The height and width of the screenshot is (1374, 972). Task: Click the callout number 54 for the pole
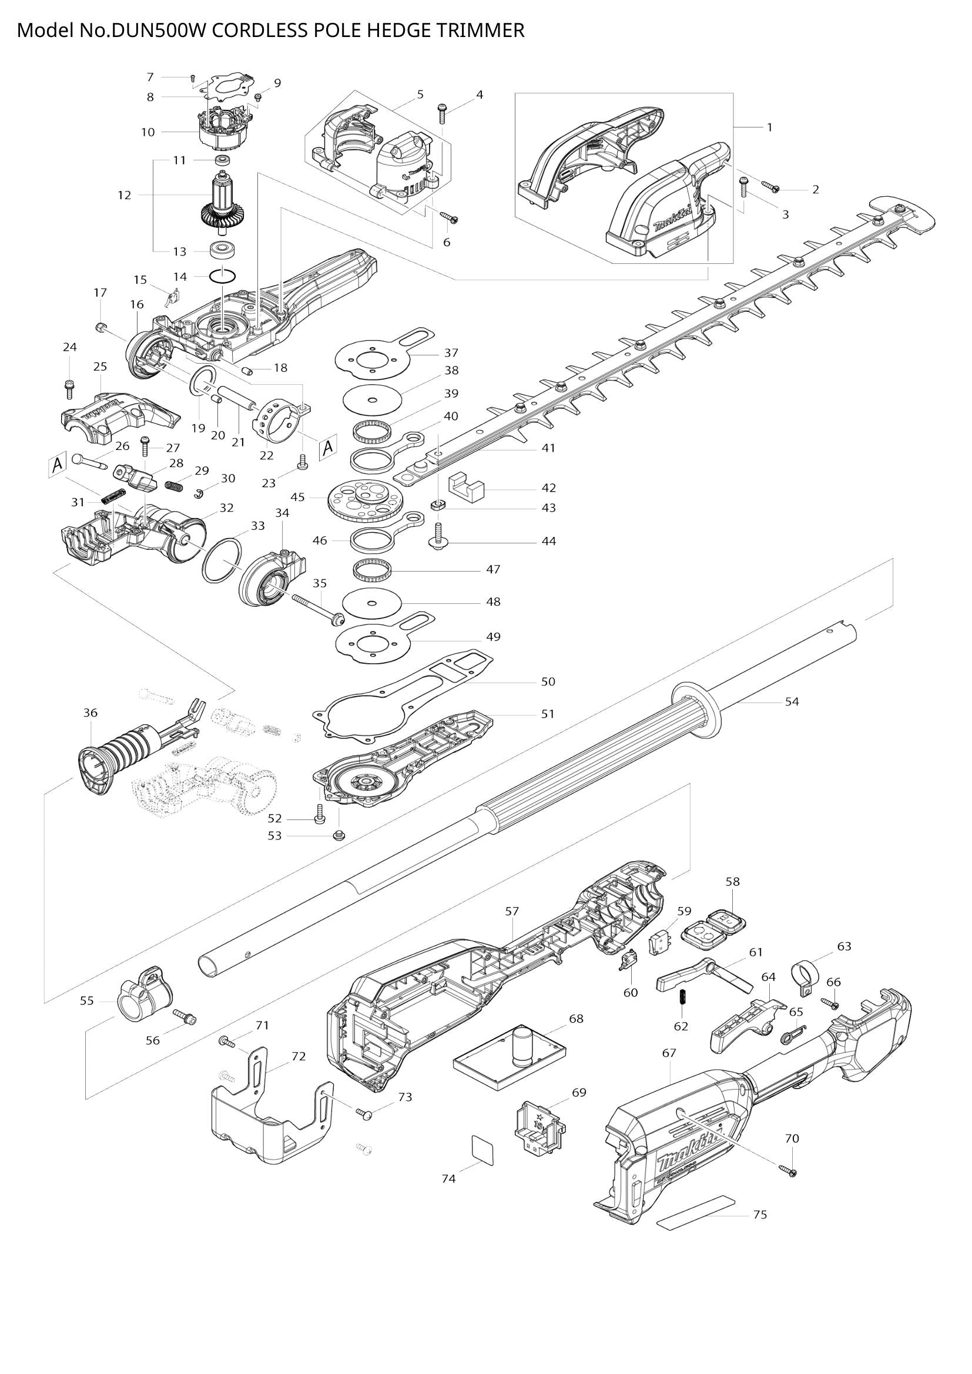coord(792,701)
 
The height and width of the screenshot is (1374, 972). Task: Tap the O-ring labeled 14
coord(222,277)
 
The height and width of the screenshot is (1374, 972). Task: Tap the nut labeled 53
coord(338,835)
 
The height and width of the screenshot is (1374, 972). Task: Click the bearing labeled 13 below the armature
coord(223,250)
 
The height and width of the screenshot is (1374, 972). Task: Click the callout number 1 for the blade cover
coord(770,127)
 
